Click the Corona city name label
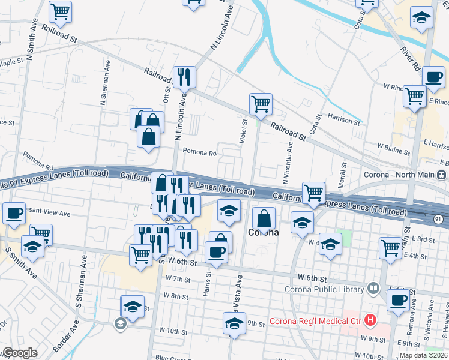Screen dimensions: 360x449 click(x=264, y=232)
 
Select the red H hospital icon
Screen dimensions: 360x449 click(x=371, y=320)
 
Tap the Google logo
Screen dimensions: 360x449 click(x=19, y=353)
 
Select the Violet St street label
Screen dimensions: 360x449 click(x=244, y=131)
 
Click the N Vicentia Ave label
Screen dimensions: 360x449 click(x=287, y=162)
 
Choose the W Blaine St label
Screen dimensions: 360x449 click(x=393, y=146)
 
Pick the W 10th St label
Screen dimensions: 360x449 click(x=173, y=331)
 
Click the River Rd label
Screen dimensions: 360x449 click(x=412, y=58)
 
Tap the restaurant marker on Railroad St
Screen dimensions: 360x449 click(x=184, y=77)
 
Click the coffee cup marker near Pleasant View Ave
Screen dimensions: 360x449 click(x=14, y=213)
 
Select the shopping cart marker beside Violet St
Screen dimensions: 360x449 click(x=261, y=104)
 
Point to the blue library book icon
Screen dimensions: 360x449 click(x=373, y=289)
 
